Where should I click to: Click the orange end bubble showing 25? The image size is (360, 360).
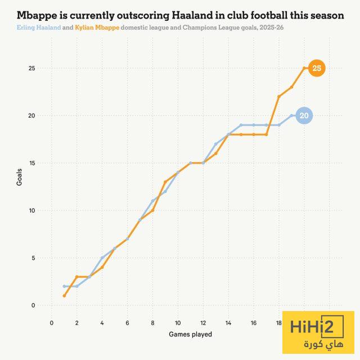(x=317, y=68)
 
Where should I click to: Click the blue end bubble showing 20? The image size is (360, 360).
(x=304, y=116)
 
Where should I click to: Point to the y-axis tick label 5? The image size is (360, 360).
(x=33, y=258)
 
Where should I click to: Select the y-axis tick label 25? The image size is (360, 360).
(x=31, y=69)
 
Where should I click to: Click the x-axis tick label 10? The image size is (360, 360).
(x=178, y=323)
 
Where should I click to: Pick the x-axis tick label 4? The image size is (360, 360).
(x=102, y=323)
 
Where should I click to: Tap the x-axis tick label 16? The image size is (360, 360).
(x=254, y=323)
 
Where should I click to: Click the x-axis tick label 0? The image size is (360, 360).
(x=52, y=323)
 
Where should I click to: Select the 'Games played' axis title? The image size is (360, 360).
(x=190, y=334)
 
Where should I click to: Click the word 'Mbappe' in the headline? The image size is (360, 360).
(x=38, y=15)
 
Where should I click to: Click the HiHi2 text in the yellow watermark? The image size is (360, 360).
(x=318, y=328)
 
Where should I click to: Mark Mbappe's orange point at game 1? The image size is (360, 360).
(x=64, y=296)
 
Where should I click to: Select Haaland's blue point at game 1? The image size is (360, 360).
(x=64, y=286)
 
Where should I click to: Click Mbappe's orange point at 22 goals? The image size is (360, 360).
(x=279, y=97)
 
